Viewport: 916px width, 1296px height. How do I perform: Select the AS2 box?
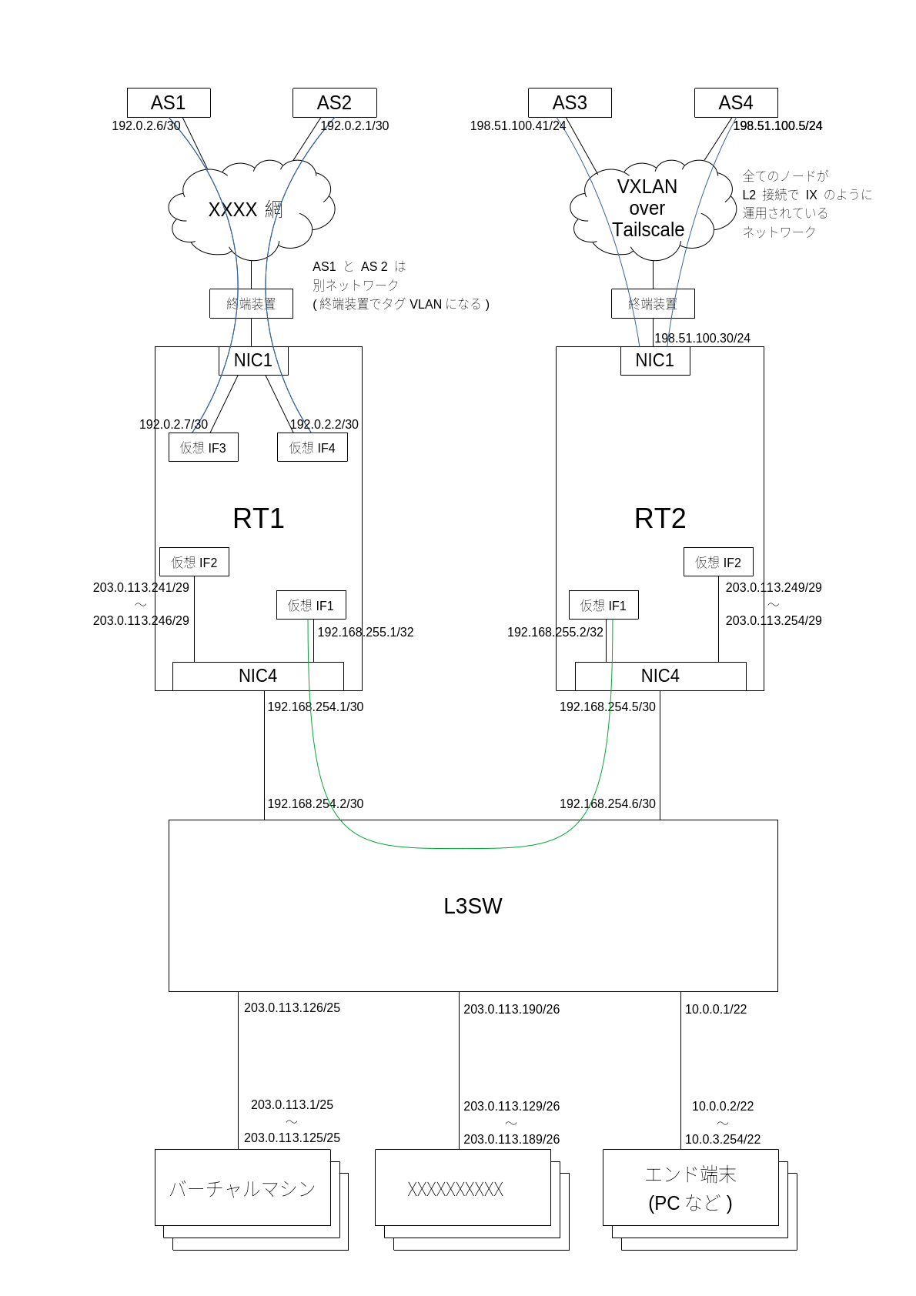pyautogui.click(x=334, y=102)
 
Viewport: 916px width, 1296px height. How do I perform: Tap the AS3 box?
pyautogui.click(x=570, y=102)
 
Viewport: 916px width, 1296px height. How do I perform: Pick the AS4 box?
pyautogui.click(x=736, y=102)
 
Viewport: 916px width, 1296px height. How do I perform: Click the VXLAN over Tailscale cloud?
pyautogui.click(x=648, y=208)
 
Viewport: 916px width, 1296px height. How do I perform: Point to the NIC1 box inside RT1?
pyautogui.click(x=253, y=360)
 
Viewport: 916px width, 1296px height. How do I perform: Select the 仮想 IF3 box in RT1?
pyautogui.click(x=203, y=447)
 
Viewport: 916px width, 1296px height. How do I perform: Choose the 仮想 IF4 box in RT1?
pyautogui.click(x=312, y=447)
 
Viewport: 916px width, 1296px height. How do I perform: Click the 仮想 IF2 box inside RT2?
pyautogui.click(x=718, y=562)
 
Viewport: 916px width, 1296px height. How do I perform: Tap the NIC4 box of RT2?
pyautogui.click(x=660, y=676)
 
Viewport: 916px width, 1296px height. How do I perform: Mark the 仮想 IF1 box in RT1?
pyautogui.click(x=311, y=605)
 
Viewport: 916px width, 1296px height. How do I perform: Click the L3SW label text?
pyautogui.click(x=473, y=906)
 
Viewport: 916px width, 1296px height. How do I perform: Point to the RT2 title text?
pyautogui.click(x=660, y=518)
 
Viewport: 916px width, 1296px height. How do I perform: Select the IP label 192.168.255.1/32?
pyautogui.click(x=366, y=632)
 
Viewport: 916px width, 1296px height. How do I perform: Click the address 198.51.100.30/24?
pyautogui.click(x=702, y=338)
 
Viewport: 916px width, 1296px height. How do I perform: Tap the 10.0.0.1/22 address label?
pyautogui.click(x=716, y=1009)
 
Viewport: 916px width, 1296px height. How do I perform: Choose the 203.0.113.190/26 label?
pyautogui.click(x=512, y=1009)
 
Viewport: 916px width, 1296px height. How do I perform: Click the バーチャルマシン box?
pyautogui.click(x=242, y=1187)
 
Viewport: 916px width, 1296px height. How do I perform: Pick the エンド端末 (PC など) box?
pyautogui.click(x=690, y=1187)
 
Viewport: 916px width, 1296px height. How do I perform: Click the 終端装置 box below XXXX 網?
pyautogui.click(x=251, y=303)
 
